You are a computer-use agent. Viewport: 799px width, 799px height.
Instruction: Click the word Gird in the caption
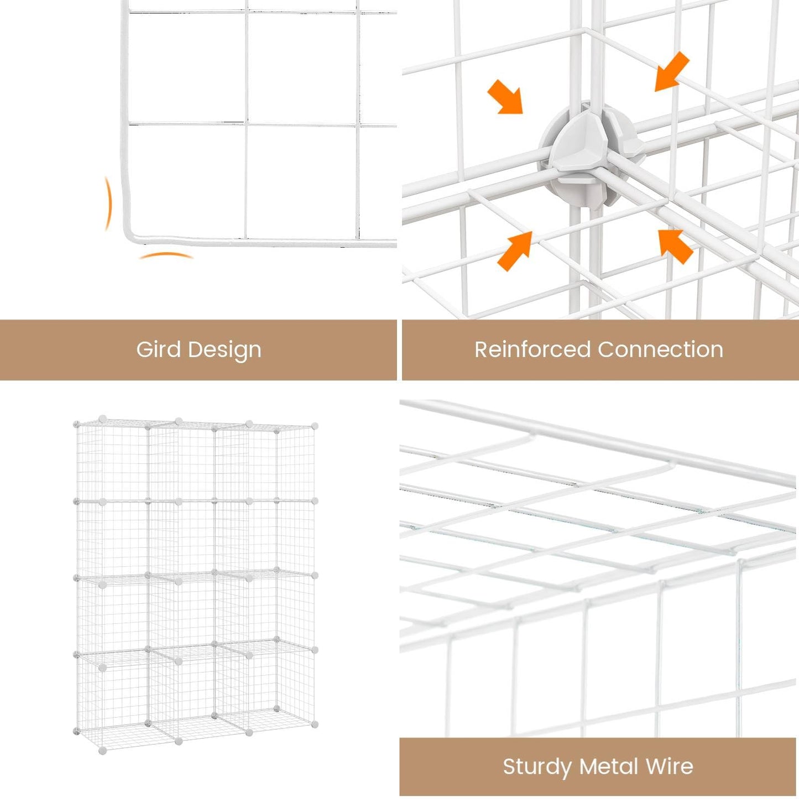tap(159, 349)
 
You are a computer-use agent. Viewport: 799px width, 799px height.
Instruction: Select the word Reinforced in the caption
tap(532, 349)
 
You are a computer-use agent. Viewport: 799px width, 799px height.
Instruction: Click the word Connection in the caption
tap(661, 349)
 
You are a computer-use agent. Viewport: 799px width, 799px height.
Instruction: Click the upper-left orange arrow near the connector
tap(505, 97)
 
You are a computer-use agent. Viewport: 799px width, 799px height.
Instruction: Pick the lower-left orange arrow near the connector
tap(515, 251)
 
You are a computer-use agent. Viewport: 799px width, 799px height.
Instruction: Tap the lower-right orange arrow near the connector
tap(676, 247)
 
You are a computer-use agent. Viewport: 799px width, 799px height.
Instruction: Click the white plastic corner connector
tap(591, 155)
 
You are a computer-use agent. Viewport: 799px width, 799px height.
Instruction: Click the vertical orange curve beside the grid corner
tap(108, 203)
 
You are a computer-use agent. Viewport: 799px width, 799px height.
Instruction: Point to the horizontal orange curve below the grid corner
tap(166, 254)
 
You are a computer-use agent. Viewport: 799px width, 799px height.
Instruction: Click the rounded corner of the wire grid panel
tap(128, 236)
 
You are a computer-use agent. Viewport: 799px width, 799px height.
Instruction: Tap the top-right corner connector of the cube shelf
tap(315, 426)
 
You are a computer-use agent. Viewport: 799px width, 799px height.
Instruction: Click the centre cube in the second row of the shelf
tap(181, 537)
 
